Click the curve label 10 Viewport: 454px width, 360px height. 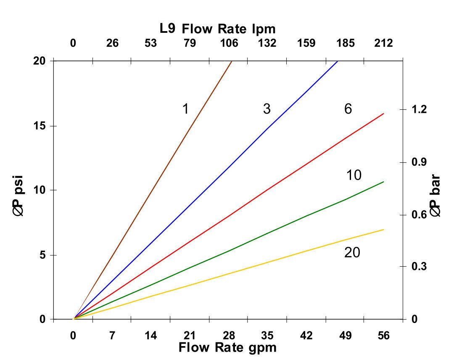tap(354, 175)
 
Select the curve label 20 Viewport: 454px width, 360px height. tap(352, 253)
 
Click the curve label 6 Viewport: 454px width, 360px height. tap(348, 109)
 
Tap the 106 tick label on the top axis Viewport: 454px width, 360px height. tap(229, 43)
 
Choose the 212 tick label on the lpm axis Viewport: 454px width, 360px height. tap(384, 43)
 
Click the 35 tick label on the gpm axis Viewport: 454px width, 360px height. tap(267, 336)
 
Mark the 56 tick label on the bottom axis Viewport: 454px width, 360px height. tap(384, 336)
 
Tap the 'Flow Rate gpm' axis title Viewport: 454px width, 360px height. tap(227, 348)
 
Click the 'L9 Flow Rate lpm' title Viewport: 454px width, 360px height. tap(217, 29)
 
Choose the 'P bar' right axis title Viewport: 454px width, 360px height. tap(436, 196)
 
